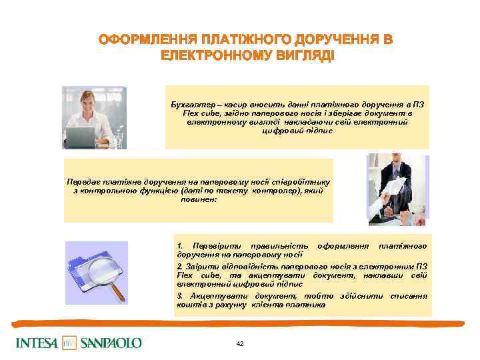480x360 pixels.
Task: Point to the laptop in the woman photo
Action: click(81, 137)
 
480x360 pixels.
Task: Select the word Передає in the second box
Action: click(83, 181)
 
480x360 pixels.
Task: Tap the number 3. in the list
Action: click(180, 295)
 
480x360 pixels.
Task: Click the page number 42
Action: click(240, 343)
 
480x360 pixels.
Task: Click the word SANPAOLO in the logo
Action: click(111, 343)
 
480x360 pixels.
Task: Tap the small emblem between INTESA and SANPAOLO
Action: click(69, 343)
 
